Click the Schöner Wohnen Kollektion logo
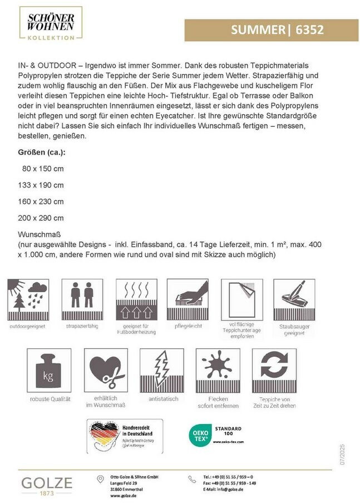point(51,24)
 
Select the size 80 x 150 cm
point(43,168)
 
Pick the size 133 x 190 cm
point(43,185)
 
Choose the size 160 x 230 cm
point(43,201)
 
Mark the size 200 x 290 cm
point(43,218)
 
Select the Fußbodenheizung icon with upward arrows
point(135,299)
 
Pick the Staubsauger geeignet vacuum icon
point(294,299)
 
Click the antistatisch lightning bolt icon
point(161,370)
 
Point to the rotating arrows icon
point(274,370)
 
